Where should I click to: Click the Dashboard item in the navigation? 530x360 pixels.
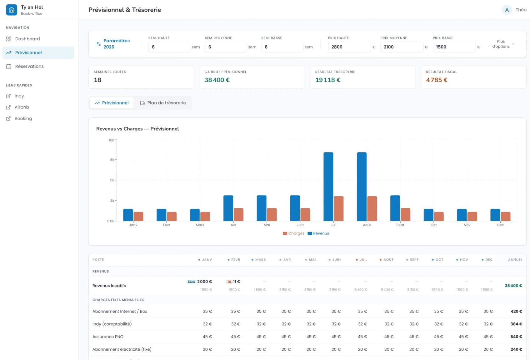point(27,39)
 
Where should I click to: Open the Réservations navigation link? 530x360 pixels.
point(29,66)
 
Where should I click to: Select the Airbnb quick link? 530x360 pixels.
point(22,107)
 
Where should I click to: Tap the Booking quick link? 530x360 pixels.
point(23,119)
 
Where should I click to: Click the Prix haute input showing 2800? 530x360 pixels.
point(349,47)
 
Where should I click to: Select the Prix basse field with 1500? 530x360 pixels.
point(454,47)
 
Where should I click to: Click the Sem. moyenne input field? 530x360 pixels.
point(226,47)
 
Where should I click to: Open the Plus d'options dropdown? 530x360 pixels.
point(503,44)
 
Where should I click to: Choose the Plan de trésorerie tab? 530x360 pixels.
point(163,103)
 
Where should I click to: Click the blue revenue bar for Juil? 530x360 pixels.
point(328,187)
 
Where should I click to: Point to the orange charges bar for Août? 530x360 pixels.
point(372,209)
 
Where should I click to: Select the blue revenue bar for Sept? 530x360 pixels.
point(395,208)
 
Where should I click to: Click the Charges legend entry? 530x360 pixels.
point(293,233)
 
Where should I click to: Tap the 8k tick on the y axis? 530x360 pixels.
point(112,160)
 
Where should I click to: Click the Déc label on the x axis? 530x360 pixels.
point(500,225)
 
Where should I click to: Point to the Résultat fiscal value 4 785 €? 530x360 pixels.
point(437,80)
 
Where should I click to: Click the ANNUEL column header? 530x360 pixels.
point(515,260)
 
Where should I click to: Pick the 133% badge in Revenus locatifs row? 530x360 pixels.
point(191,282)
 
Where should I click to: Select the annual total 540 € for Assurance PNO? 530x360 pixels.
point(516,337)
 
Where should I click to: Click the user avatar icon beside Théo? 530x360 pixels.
point(507,10)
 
